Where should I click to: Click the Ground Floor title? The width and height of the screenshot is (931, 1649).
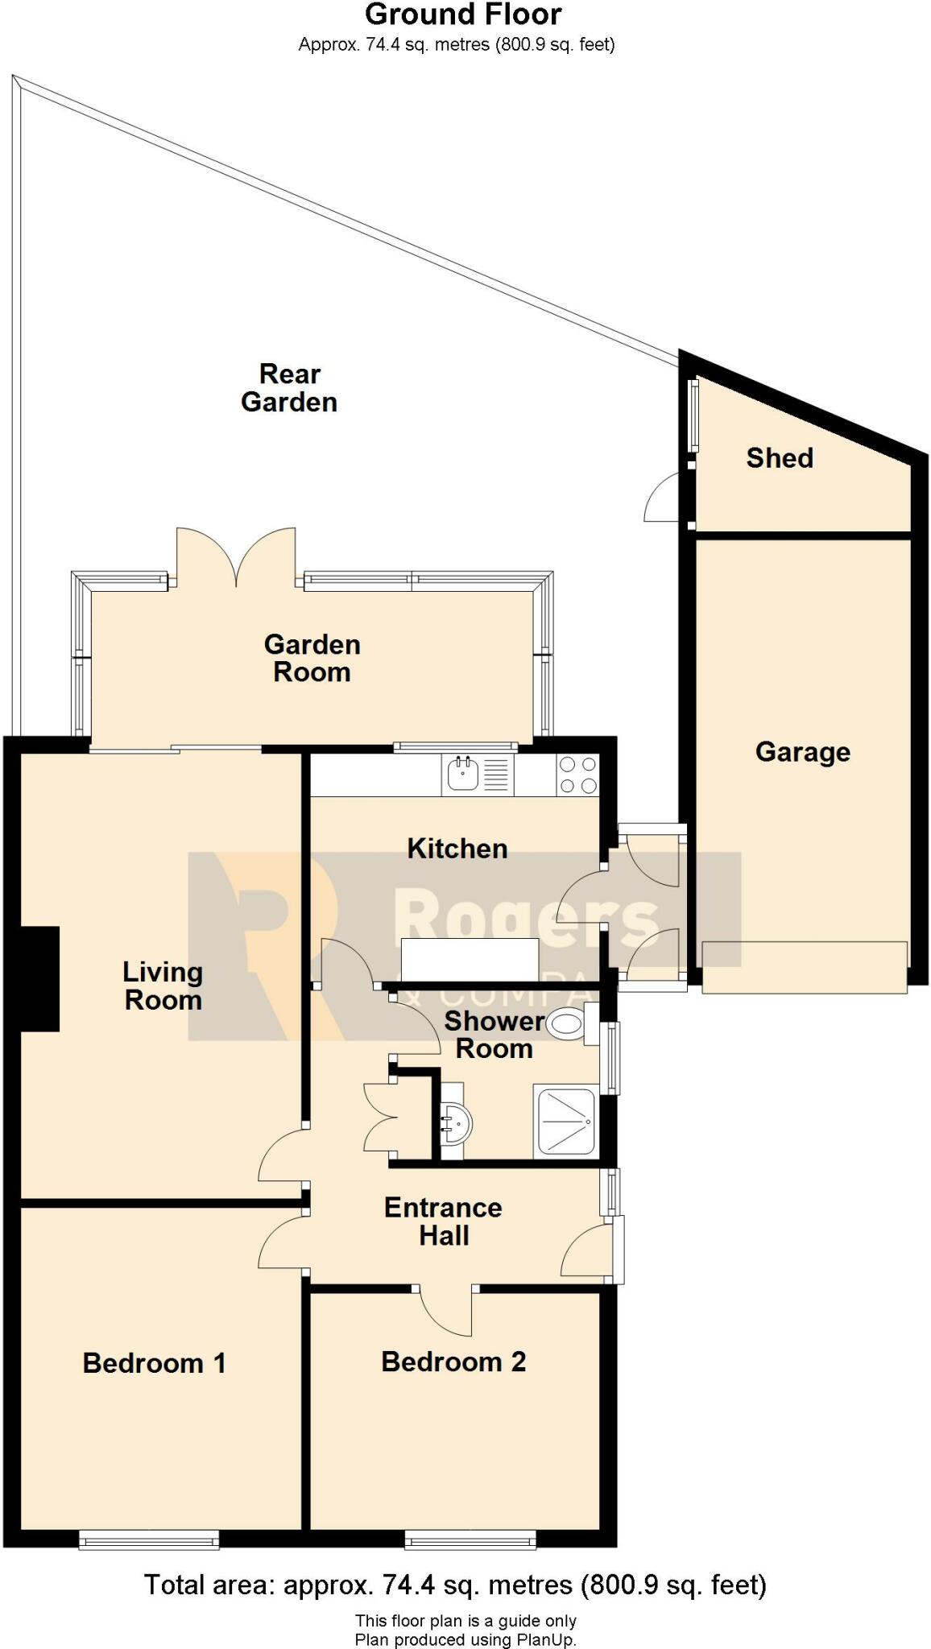(x=463, y=14)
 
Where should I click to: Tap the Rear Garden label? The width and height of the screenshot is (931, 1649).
(x=289, y=388)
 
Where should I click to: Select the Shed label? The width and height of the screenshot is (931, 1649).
(x=780, y=458)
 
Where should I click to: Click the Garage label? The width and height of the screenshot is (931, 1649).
(x=802, y=752)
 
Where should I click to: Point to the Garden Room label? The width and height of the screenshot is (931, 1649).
(x=312, y=658)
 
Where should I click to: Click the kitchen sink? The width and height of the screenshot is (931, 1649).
(x=465, y=774)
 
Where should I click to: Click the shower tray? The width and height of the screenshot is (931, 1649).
(x=565, y=1122)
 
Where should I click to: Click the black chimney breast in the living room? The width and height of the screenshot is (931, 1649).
(x=39, y=978)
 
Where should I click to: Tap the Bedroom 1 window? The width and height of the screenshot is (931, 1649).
(x=149, y=1541)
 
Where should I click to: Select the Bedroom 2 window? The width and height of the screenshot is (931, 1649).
(x=470, y=1541)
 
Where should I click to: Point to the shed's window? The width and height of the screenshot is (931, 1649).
(x=692, y=415)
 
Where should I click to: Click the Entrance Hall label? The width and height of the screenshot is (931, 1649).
(x=443, y=1221)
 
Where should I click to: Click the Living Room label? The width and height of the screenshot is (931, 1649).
(x=163, y=986)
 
